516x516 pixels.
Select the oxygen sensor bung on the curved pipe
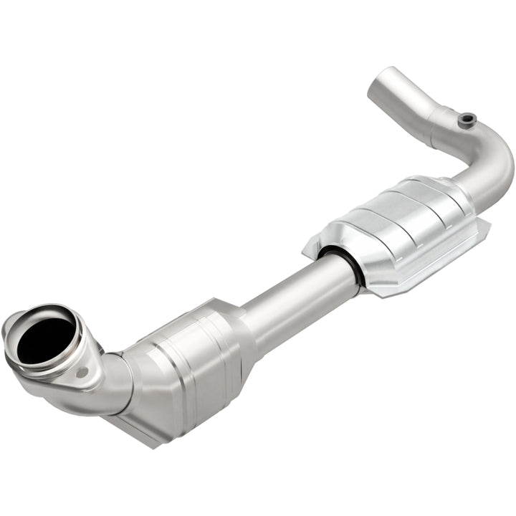(467, 119)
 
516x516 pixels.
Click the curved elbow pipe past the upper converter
(491, 161)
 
